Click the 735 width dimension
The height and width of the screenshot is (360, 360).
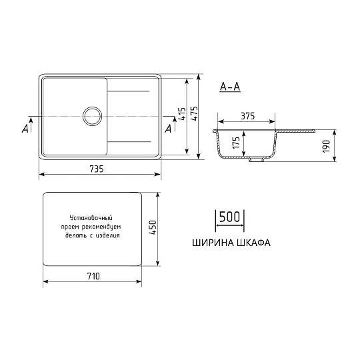click(97, 169)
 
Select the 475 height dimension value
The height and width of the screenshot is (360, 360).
click(194, 113)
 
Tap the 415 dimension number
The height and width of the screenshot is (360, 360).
click(182, 113)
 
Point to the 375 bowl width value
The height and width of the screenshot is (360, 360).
click(248, 116)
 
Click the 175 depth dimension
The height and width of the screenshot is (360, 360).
click(236, 143)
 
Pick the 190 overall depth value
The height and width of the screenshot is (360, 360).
click(326, 146)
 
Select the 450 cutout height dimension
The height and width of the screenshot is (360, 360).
click(153, 227)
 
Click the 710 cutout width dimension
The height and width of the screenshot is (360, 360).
click(93, 276)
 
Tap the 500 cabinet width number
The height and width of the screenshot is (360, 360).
click(229, 217)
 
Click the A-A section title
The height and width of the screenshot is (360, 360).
click(230, 87)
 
